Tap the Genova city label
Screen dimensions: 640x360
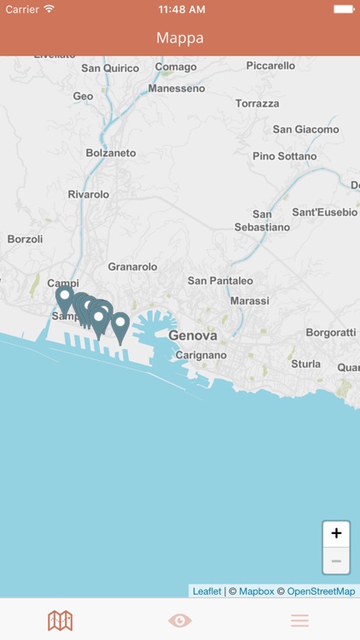(x=193, y=335)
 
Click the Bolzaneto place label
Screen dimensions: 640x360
(x=111, y=153)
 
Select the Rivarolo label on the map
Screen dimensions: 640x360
(x=89, y=195)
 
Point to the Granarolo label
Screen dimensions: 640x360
(x=132, y=267)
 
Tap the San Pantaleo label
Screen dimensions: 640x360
(x=220, y=281)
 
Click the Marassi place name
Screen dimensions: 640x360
(x=249, y=301)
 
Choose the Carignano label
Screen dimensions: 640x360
(x=201, y=355)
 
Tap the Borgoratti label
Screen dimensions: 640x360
(x=330, y=332)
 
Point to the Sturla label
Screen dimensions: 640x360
(x=306, y=364)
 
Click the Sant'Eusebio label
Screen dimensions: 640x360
(x=324, y=212)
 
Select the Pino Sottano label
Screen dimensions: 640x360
(x=284, y=157)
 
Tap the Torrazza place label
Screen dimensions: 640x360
(x=258, y=103)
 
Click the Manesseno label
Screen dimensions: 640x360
(x=177, y=88)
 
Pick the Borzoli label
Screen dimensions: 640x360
(x=25, y=240)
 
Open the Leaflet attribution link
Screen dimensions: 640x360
(x=206, y=591)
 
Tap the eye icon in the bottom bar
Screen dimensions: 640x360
(x=180, y=620)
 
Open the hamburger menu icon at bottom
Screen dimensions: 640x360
(x=299, y=620)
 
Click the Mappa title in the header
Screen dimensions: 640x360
(x=180, y=38)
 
